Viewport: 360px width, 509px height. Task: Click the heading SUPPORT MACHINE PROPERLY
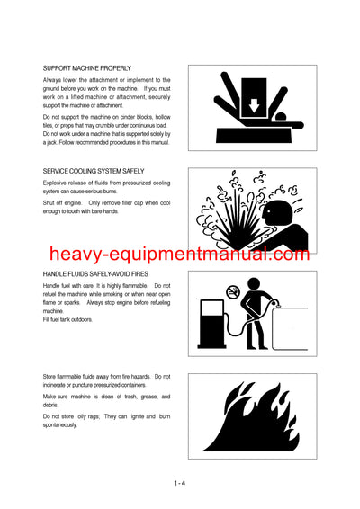point(86,67)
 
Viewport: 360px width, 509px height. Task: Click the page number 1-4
point(180,484)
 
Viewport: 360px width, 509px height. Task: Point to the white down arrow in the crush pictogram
point(229,102)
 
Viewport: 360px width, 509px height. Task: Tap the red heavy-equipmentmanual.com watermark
point(180,254)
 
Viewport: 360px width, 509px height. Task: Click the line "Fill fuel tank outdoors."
point(67,318)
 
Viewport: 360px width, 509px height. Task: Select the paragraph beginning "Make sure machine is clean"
point(106,400)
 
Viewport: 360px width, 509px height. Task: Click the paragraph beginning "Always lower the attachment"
point(106,94)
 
